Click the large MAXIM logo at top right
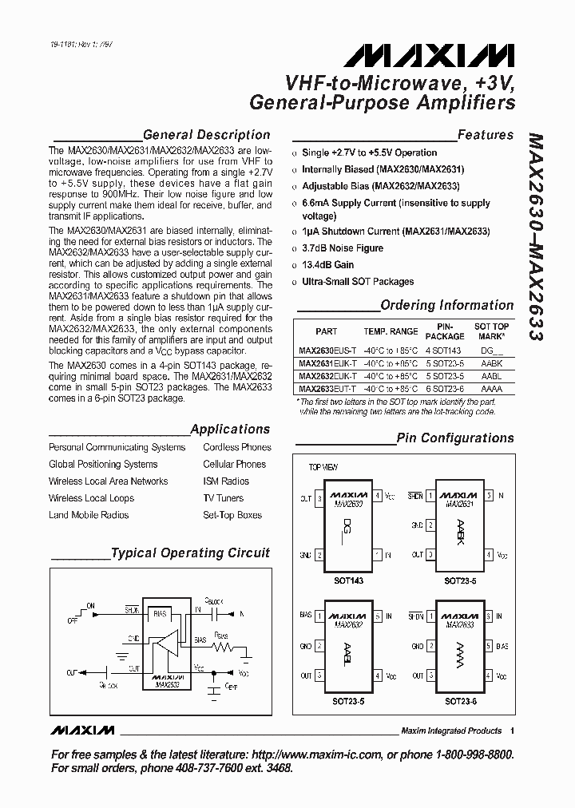[430, 55]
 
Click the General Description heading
[206, 135]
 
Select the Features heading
[485, 135]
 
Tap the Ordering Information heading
[446, 305]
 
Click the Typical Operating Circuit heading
[190, 553]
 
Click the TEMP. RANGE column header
[391, 331]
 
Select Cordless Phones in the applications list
[237, 447]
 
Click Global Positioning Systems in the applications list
[103, 464]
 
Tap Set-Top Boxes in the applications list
[232, 515]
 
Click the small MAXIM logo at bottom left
[81, 731]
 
